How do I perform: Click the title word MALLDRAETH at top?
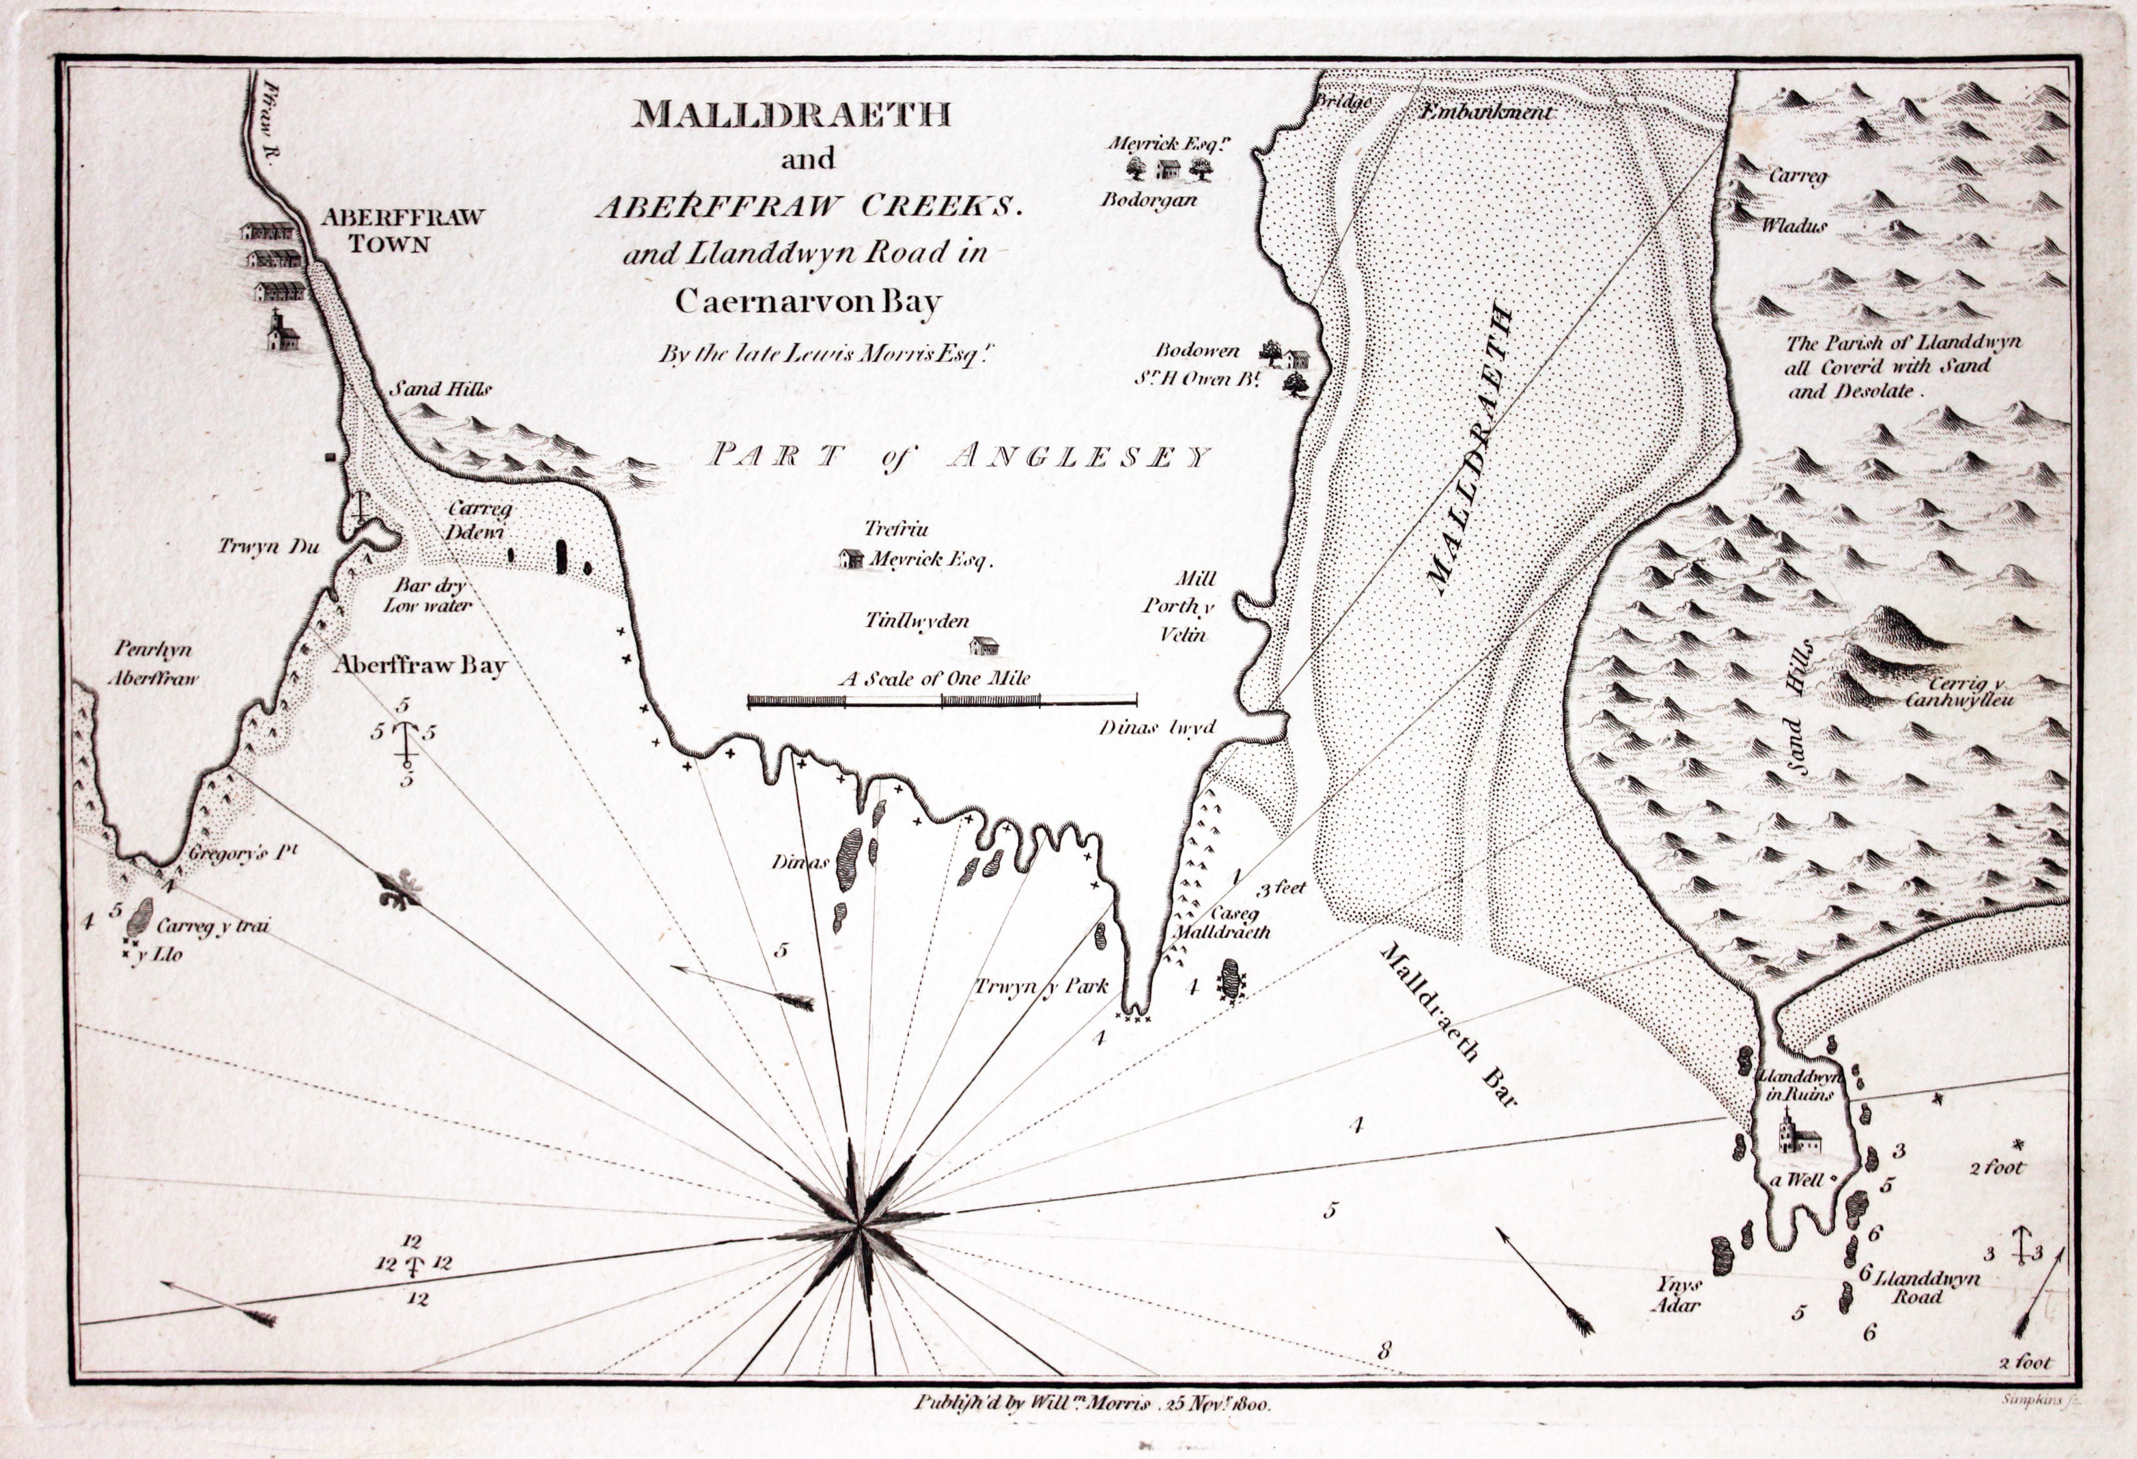(x=793, y=114)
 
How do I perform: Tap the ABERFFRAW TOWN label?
(x=402, y=231)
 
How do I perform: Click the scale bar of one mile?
(x=942, y=701)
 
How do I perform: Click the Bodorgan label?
(x=1149, y=199)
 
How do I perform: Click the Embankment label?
(x=1486, y=113)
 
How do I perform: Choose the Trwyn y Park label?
(x=1042, y=987)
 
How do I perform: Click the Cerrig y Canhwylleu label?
(x=1959, y=692)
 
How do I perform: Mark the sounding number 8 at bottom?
(x=1384, y=1350)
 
